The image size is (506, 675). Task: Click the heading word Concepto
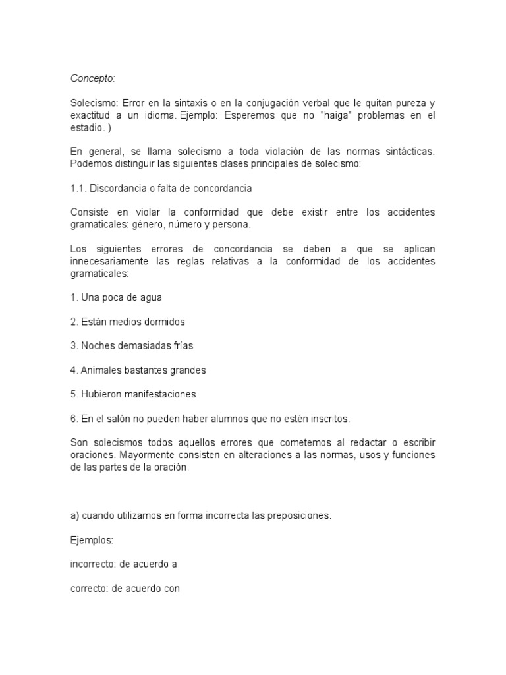[92, 78]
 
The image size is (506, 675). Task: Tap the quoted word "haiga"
[333, 115]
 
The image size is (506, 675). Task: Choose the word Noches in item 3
[96, 346]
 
